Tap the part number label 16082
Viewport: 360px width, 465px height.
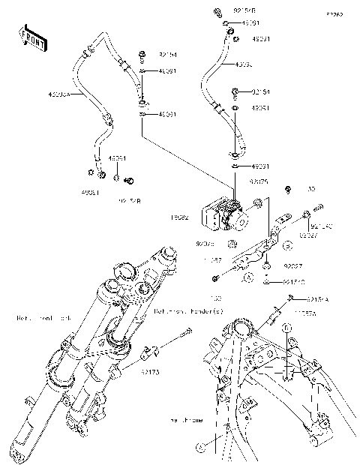tap(180, 217)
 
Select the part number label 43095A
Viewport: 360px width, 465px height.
tap(59, 95)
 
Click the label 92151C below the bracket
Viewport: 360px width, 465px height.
tap(294, 283)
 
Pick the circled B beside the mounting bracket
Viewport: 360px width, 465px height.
tap(286, 245)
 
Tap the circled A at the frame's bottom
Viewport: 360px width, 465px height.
tap(199, 448)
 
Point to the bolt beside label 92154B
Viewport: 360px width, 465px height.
tap(216, 12)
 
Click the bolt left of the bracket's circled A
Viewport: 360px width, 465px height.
tap(215, 278)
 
